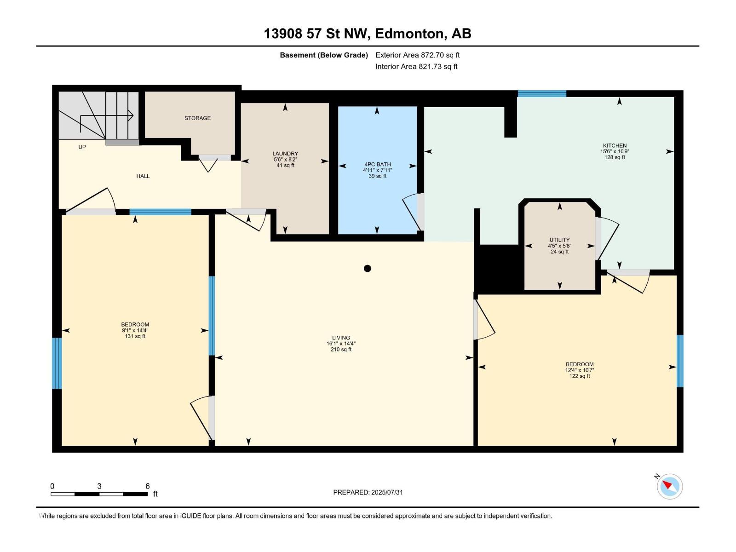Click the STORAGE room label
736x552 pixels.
(x=197, y=118)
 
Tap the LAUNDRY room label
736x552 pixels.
(x=285, y=154)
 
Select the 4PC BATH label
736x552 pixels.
(x=378, y=164)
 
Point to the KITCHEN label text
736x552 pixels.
(x=615, y=145)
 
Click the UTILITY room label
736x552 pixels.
(x=559, y=240)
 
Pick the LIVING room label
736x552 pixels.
(x=341, y=338)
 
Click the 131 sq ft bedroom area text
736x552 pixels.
(x=135, y=336)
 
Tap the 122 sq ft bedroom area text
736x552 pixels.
(x=579, y=376)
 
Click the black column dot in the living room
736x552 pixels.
(x=367, y=268)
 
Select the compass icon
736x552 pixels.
(x=669, y=486)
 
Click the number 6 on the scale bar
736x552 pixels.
(x=147, y=486)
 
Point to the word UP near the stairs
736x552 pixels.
(x=82, y=147)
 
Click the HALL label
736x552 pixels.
(x=143, y=176)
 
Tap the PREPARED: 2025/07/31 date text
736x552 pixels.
(x=368, y=492)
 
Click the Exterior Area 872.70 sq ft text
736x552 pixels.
(x=417, y=55)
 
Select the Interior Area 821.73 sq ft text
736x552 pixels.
(x=416, y=67)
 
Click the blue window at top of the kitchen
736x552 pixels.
(x=541, y=94)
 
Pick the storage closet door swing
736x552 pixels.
(x=208, y=164)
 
